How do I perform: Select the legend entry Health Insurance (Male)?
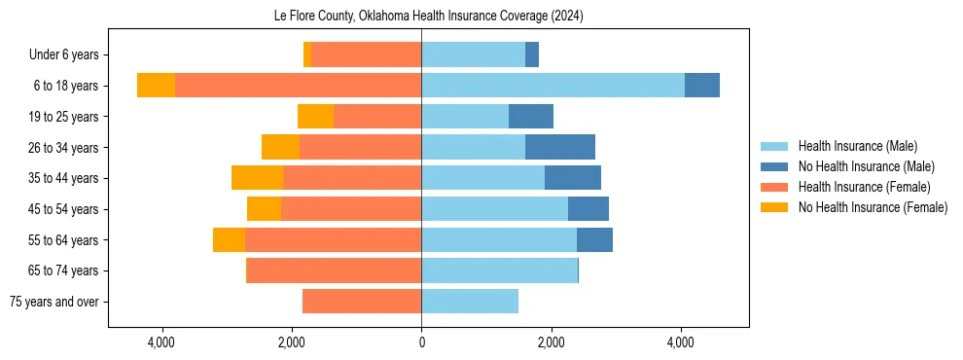click(x=857, y=146)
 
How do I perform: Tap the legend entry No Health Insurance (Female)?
click(x=873, y=207)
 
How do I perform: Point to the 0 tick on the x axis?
click(x=421, y=342)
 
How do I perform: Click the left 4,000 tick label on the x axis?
click(x=161, y=342)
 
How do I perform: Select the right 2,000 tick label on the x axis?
click(x=551, y=342)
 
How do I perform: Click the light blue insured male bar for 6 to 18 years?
click(x=553, y=86)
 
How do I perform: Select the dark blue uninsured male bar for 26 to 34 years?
click(x=560, y=147)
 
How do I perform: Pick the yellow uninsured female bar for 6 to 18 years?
click(x=156, y=86)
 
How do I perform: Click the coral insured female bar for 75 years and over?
click(x=362, y=302)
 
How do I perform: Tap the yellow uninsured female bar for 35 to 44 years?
click(x=257, y=178)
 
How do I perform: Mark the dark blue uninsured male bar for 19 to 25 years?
click(x=531, y=117)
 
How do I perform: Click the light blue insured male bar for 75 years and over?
click(x=470, y=302)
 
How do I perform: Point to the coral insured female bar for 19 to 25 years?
click(x=377, y=117)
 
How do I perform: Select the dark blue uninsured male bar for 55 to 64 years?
click(x=594, y=239)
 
